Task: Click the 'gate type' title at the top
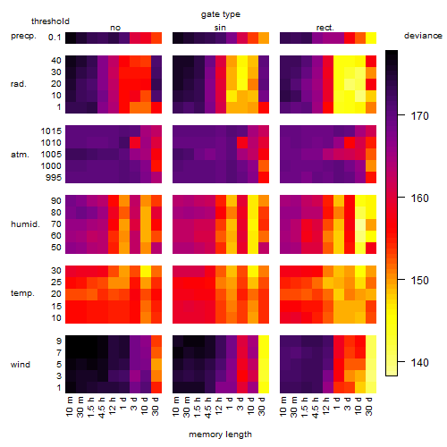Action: coord(221,14)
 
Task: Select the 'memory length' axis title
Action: coord(220,434)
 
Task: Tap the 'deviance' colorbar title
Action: coord(423,36)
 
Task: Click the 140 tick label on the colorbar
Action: coord(420,362)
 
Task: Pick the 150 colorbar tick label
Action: coord(420,280)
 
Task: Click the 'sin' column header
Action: coord(220,28)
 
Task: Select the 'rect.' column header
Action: coord(325,28)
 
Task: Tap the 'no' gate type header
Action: coord(115,28)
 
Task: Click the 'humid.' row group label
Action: coord(25,224)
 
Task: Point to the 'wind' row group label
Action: coord(21,365)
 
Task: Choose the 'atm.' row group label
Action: coord(20,155)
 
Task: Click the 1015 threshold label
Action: coord(51,131)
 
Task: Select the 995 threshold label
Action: coord(54,178)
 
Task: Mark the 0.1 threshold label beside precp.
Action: coord(55,38)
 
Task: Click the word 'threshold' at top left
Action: coord(50,21)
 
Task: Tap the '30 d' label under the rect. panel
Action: coord(369,406)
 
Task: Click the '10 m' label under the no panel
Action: coord(69,407)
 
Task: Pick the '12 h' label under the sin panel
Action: coord(219,406)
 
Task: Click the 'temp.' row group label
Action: coord(22,293)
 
